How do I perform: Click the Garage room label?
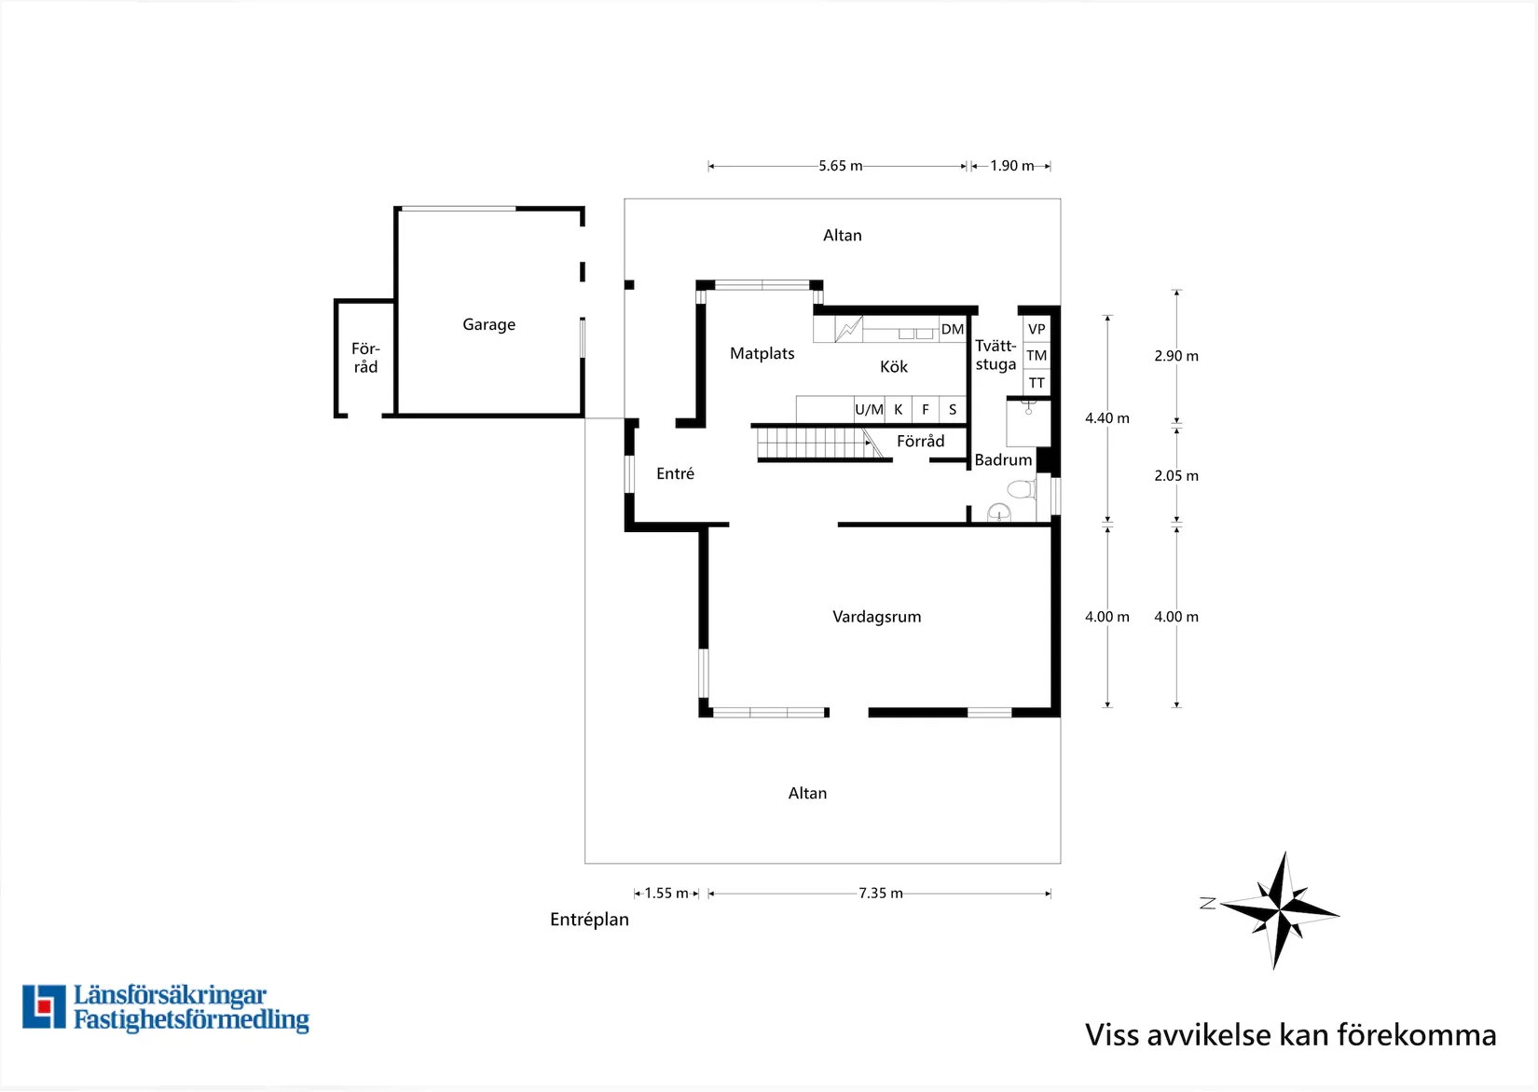[488, 324]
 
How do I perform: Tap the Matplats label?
[762, 353]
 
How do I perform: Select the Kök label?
[894, 366]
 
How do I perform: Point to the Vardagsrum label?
[877, 617]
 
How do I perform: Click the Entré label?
[675, 473]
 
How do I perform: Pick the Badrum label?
[1003, 460]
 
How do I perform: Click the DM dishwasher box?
[953, 330]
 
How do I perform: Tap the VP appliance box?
[1037, 330]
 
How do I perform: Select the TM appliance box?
[1037, 356]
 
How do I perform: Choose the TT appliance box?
[1037, 383]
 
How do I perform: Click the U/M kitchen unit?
[870, 410]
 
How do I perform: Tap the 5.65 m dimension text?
[841, 166]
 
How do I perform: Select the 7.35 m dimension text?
[881, 893]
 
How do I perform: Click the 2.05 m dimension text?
[1176, 475]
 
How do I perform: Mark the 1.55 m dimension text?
[666, 893]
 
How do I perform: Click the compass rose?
[1280, 911]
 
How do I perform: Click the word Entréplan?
[589, 920]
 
